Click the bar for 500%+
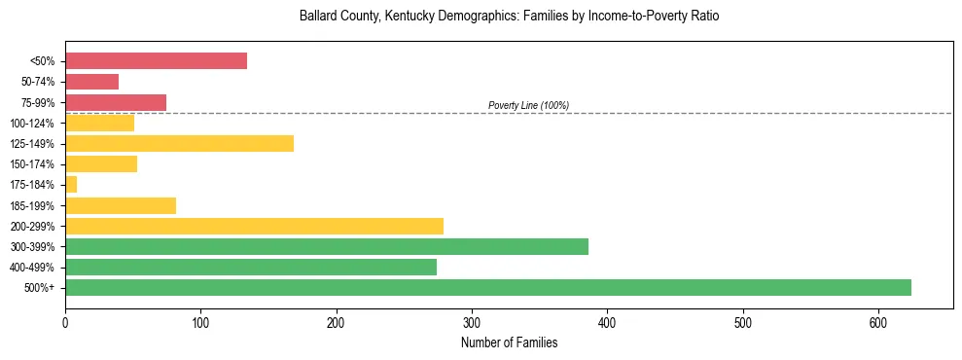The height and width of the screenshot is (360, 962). pyautogui.click(x=487, y=287)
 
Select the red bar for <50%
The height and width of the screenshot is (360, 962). pyautogui.click(x=156, y=61)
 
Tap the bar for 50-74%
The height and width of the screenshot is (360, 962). pyautogui.click(x=91, y=82)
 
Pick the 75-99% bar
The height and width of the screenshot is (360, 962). pyautogui.click(x=116, y=102)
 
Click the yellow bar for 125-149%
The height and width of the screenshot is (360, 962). pyautogui.click(x=179, y=144)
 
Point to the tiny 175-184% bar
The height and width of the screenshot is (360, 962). pyautogui.click(x=71, y=185)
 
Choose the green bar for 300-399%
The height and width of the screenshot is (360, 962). pyautogui.click(x=326, y=246)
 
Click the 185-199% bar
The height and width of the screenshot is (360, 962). pyautogui.click(x=121, y=205)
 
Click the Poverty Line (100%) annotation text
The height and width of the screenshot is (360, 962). pyautogui.click(x=528, y=105)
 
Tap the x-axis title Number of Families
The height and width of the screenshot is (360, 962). pyautogui.click(x=509, y=342)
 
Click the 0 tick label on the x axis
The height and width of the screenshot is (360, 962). pyautogui.click(x=65, y=322)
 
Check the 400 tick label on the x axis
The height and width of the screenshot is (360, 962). pyautogui.click(x=607, y=322)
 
